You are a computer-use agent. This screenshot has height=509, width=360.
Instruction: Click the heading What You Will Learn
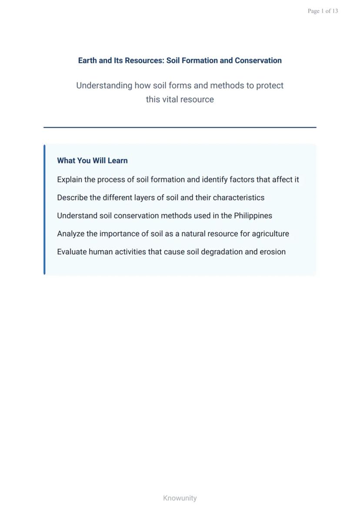[92, 161]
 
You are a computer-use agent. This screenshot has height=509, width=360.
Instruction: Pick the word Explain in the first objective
[70, 180]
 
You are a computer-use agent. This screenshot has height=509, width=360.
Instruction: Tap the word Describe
[72, 198]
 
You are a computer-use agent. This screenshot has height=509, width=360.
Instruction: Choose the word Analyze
[70, 234]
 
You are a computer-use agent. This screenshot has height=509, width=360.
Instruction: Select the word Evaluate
[72, 252]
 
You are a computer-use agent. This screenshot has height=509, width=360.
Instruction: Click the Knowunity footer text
[180, 498]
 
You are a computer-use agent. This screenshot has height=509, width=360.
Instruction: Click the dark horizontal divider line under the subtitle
[180, 127]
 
